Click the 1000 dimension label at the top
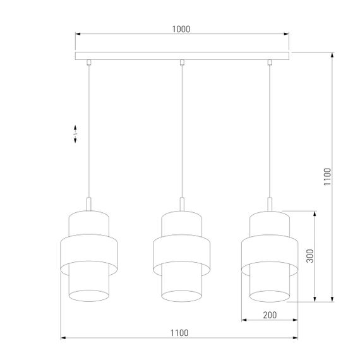[x=181, y=28]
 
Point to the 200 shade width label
[x=270, y=314]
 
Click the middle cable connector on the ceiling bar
[x=181, y=63]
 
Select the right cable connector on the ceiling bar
[x=270, y=63]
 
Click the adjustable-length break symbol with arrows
[x=76, y=133]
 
